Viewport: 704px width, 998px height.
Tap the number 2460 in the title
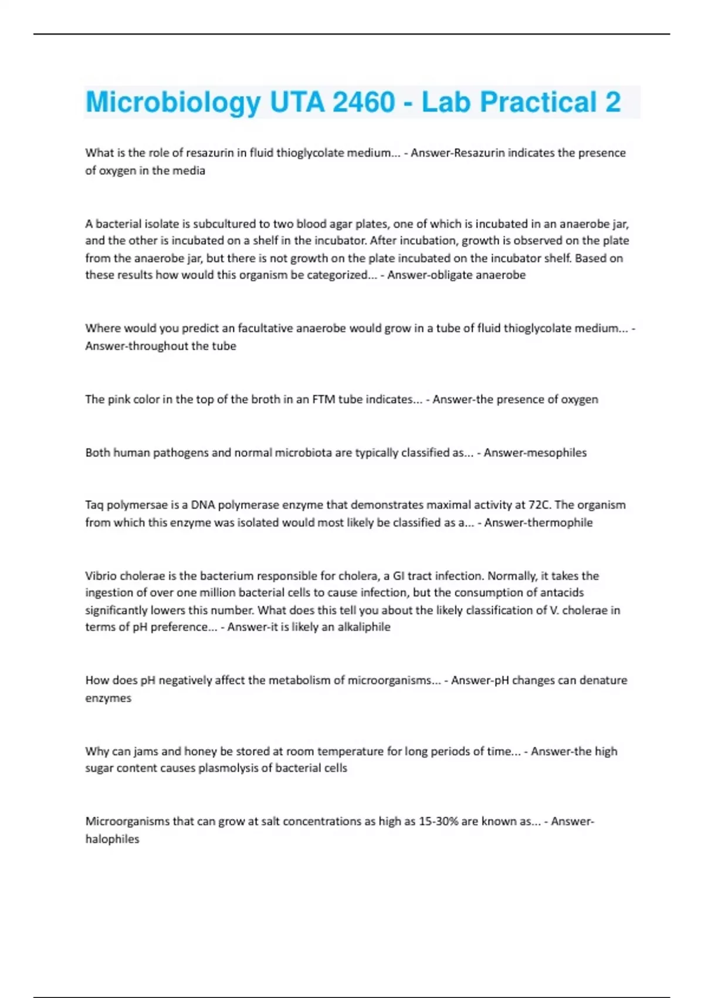point(364,103)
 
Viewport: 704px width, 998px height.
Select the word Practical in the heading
point(539,103)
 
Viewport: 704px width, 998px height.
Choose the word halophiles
point(112,839)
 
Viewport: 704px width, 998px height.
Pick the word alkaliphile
point(364,627)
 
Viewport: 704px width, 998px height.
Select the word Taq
point(94,505)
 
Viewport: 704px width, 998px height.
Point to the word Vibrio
point(101,576)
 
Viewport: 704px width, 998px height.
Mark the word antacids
point(561,592)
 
